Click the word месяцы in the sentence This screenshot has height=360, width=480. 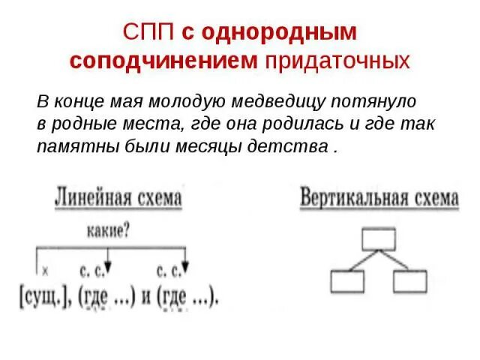(x=214, y=146)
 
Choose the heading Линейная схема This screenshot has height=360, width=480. (x=118, y=199)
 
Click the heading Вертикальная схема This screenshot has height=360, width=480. (x=379, y=199)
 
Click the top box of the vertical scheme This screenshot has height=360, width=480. (x=378, y=239)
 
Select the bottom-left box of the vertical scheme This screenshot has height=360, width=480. (x=346, y=282)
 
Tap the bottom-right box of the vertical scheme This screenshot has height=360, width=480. (x=409, y=282)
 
